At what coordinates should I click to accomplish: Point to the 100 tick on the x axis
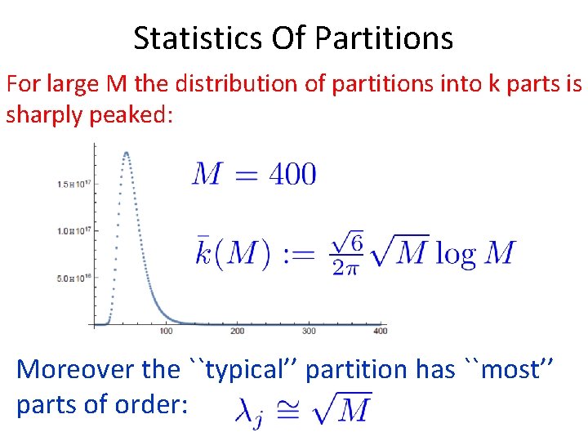(166, 331)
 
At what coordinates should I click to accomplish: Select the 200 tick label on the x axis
(237, 331)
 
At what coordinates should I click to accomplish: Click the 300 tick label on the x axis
(309, 331)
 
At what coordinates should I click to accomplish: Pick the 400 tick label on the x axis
(380, 331)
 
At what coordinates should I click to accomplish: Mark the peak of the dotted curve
(126, 153)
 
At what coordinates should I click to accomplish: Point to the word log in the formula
(456, 253)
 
